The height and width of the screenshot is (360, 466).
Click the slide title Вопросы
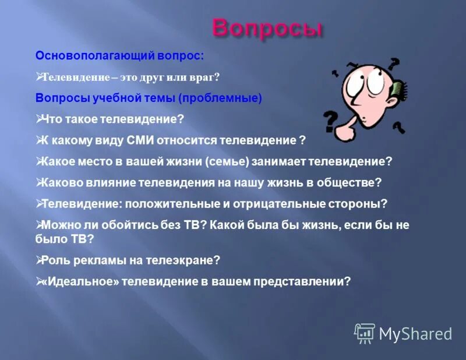[x=266, y=27]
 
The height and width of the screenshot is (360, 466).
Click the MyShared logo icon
[x=365, y=333]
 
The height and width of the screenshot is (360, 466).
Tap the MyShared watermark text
[x=415, y=333]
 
